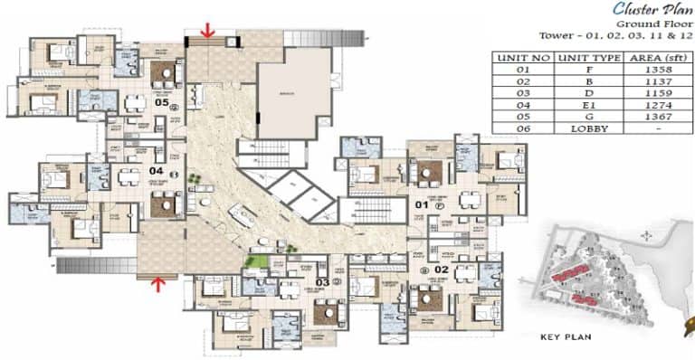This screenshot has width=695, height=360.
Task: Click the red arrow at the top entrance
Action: [x=207, y=31]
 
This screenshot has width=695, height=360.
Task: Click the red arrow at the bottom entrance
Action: [x=159, y=285]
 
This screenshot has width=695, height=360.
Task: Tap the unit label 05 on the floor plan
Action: [x=161, y=102]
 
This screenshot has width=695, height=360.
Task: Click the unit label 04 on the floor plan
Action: [x=156, y=170]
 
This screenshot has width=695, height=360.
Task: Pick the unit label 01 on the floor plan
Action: [x=421, y=206]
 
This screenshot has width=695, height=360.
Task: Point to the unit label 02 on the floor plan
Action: [x=442, y=270]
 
